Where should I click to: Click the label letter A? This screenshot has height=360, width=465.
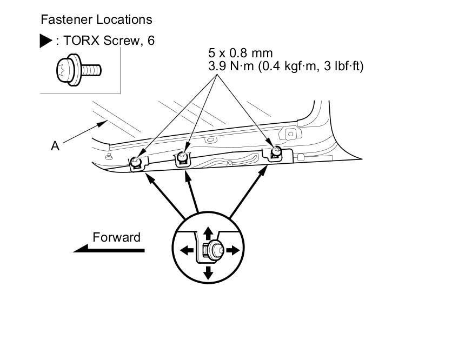[55, 145]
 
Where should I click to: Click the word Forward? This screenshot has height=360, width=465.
[116, 237]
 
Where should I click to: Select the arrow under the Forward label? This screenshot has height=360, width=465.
[109, 250]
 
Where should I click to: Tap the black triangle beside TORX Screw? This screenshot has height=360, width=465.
[46, 41]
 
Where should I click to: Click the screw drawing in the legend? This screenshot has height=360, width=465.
[78, 69]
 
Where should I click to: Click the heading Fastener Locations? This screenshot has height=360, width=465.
[96, 20]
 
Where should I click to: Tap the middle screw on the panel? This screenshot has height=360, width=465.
[183, 156]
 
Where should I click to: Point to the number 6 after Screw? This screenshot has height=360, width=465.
[151, 41]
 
